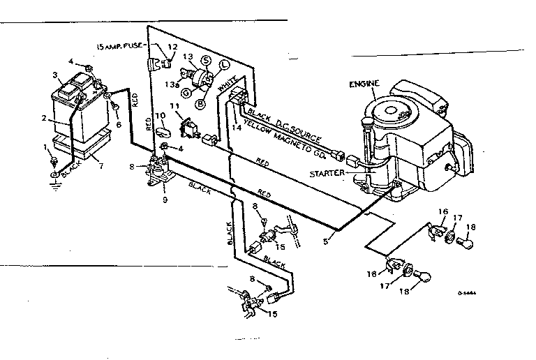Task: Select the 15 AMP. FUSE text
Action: pos(121,47)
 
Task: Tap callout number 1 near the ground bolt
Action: pos(46,148)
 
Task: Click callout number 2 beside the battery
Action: pos(43,119)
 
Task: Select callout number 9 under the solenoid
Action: pos(165,201)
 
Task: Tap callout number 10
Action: pos(159,115)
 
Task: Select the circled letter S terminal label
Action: pos(207,60)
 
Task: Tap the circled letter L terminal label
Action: pos(224,65)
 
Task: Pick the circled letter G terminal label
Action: pos(187,91)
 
